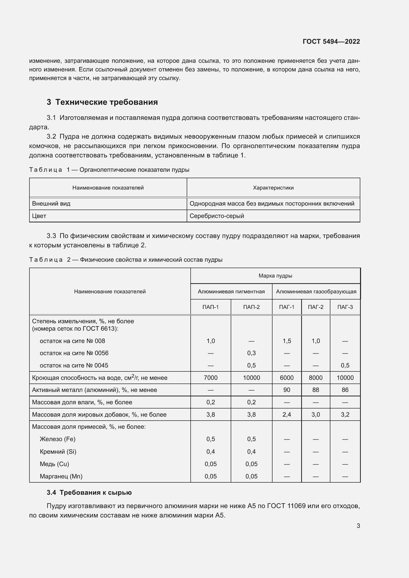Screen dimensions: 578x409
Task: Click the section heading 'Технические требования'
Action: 106,102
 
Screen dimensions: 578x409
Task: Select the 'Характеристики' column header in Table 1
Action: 273,188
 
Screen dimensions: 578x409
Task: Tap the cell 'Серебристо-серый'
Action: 217,216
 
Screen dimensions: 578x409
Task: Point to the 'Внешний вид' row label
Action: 51,203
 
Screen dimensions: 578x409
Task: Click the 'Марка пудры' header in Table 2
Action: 275,276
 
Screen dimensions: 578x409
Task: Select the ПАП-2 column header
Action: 251,307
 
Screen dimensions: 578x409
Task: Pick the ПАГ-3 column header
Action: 345,307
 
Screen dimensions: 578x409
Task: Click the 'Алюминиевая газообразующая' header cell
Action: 316,292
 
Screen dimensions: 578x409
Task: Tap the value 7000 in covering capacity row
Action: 210,378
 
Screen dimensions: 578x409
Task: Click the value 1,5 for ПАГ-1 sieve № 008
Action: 287,341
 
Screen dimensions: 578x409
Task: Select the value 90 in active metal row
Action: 287,390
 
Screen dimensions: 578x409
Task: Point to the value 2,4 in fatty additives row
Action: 287,414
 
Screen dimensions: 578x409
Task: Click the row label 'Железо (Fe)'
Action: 57,439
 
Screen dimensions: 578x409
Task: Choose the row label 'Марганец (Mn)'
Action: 61,476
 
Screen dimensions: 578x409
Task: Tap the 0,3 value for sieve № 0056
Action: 251,353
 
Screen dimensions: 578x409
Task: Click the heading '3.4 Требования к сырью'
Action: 89,493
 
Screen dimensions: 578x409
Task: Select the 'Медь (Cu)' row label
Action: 54,464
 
